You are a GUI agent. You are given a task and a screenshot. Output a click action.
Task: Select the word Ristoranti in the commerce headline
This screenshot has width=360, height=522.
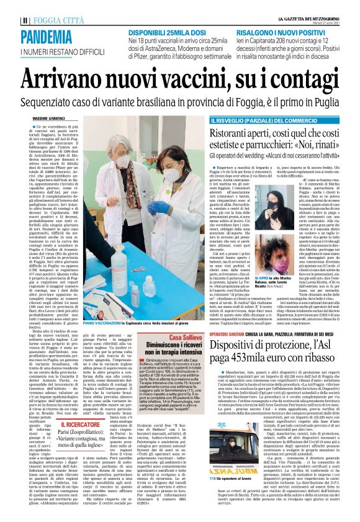pos(244,132)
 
